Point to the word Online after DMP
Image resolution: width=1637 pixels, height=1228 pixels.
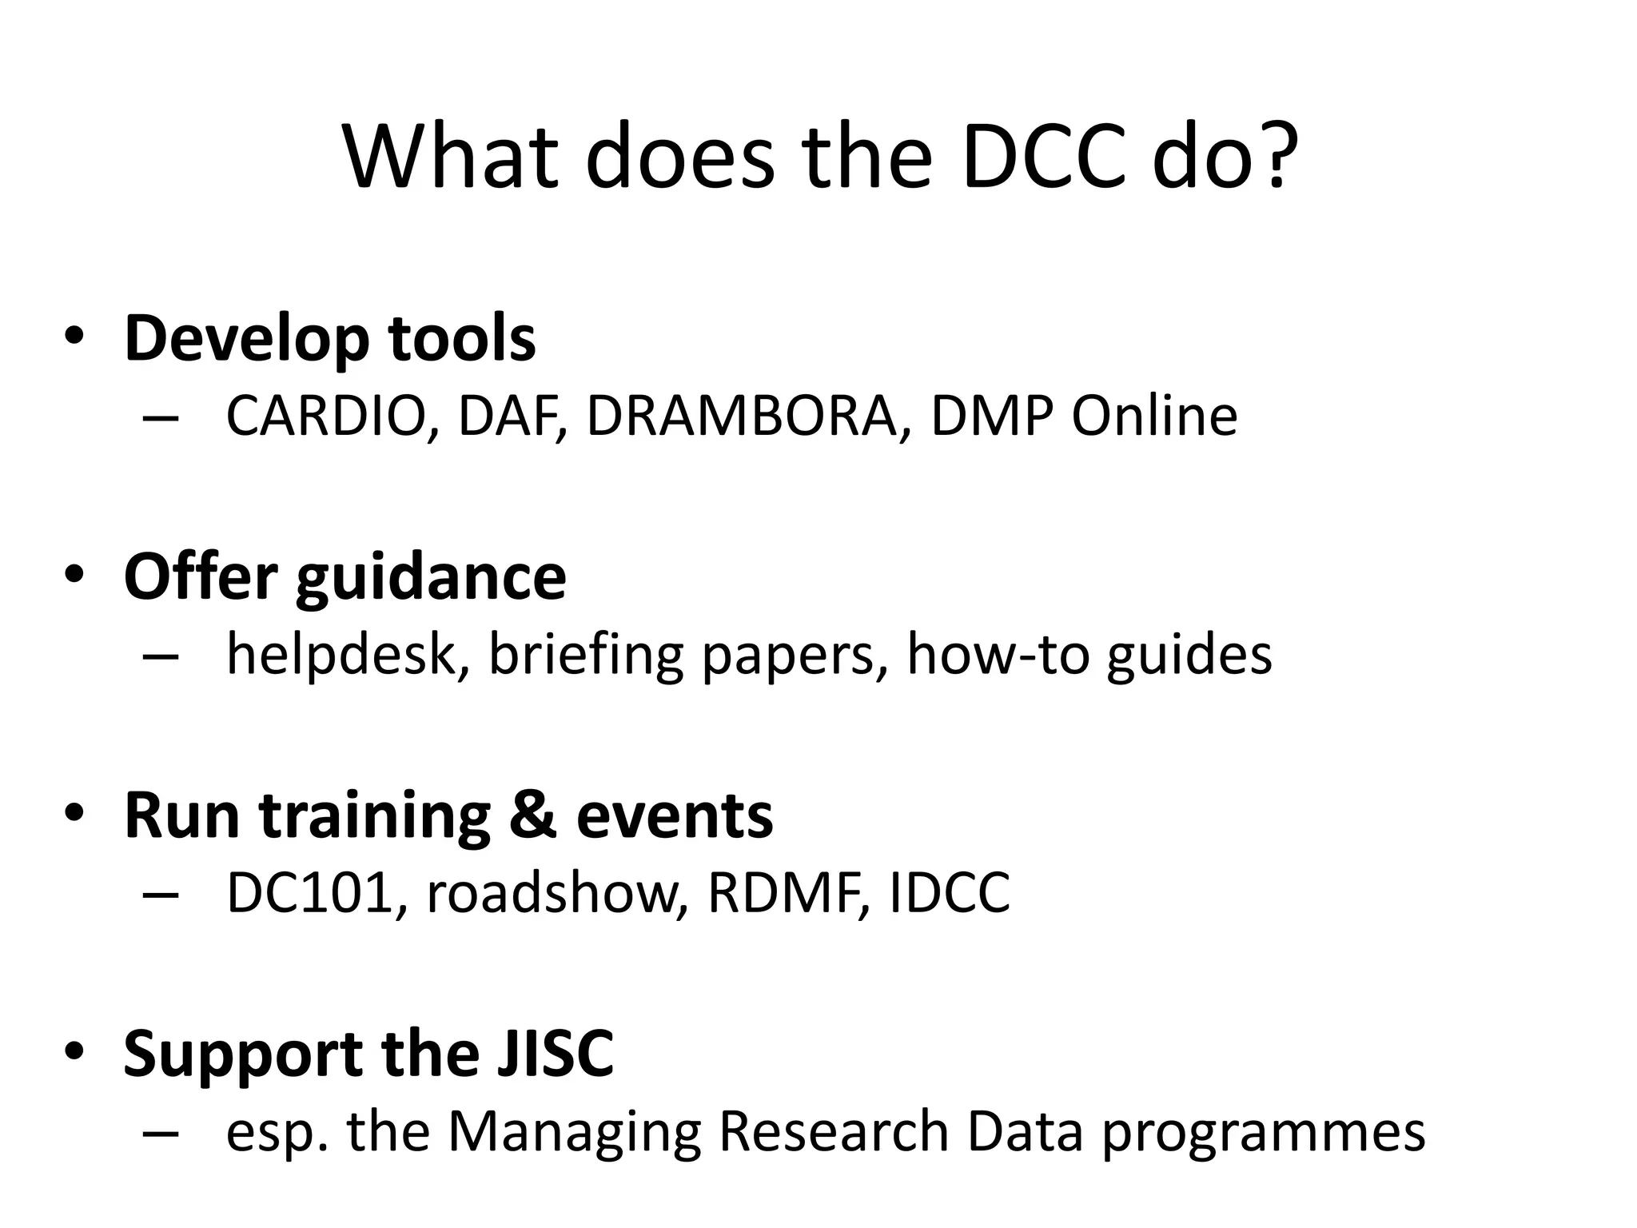(1153, 417)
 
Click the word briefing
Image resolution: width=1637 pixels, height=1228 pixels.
(585, 654)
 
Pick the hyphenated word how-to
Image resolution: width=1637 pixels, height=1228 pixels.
(998, 654)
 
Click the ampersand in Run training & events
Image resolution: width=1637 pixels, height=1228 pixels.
(532, 815)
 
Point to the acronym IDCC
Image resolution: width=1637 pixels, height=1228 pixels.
(950, 893)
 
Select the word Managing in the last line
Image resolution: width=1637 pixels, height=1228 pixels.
(574, 1132)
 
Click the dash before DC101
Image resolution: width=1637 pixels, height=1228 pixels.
(160, 895)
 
